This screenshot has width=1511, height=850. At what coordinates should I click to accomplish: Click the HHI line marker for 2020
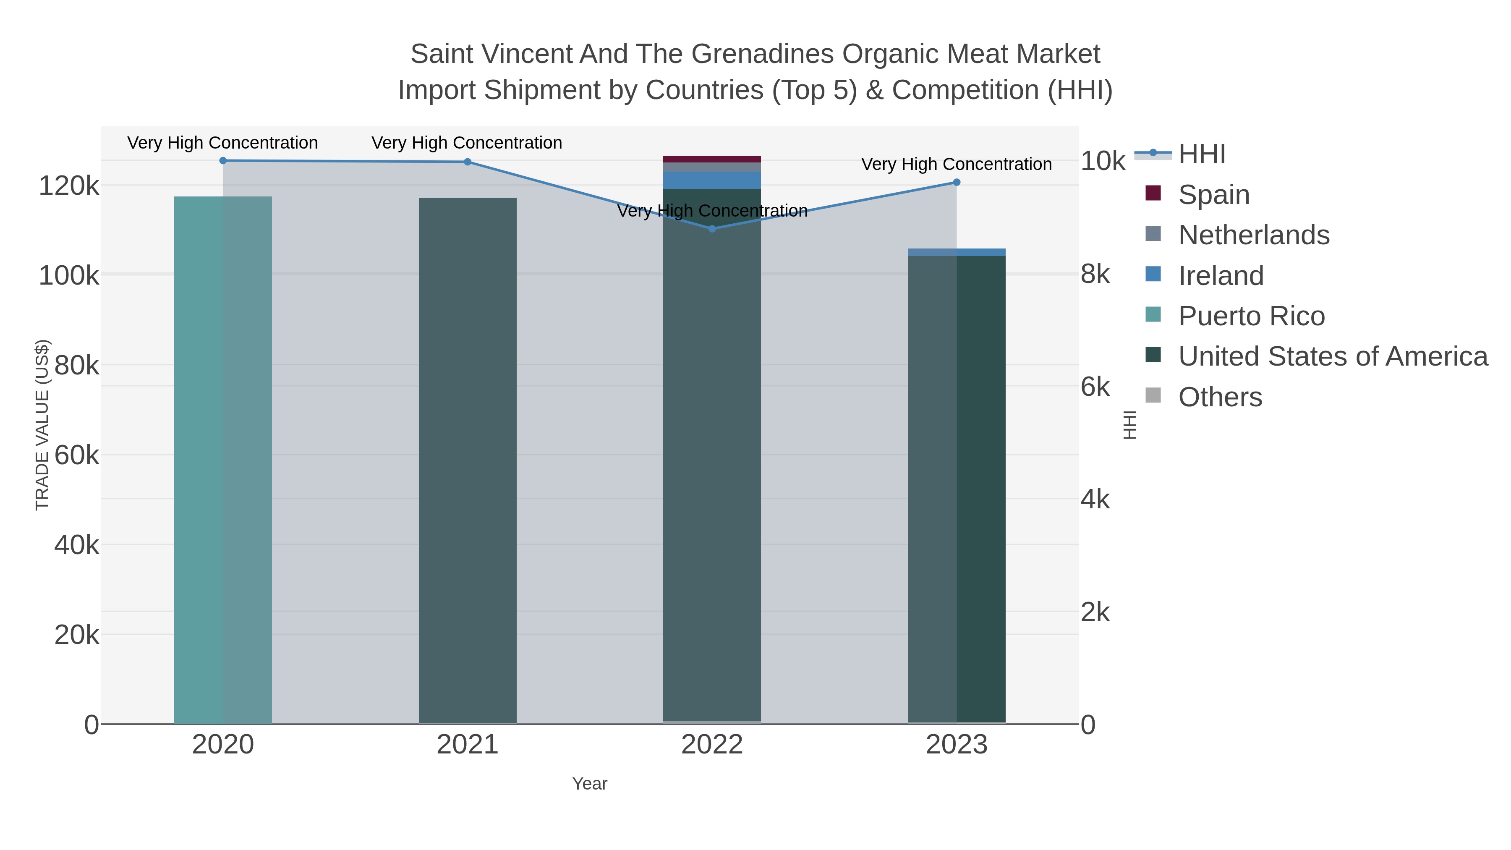(x=223, y=161)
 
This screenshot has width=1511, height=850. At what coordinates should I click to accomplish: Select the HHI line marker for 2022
(x=712, y=229)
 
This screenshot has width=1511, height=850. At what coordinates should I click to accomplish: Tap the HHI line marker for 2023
(x=957, y=183)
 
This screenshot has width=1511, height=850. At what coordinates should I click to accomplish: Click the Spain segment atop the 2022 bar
(x=712, y=159)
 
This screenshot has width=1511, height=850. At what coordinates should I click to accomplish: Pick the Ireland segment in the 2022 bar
(x=712, y=180)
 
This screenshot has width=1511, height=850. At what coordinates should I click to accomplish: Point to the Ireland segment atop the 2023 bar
(x=957, y=252)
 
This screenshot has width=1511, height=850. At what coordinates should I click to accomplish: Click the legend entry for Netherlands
(x=1253, y=235)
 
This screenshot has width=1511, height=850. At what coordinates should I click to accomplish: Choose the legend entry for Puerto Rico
(x=1251, y=316)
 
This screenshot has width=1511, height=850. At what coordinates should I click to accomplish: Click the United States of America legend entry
(x=1332, y=357)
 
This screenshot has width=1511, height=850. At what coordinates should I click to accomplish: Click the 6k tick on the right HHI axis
(x=1095, y=387)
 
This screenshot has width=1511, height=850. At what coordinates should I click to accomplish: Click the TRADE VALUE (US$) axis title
(x=42, y=425)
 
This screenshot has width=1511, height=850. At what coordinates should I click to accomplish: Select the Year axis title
(x=590, y=784)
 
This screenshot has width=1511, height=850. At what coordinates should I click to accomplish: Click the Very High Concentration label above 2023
(x=956, y=164)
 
